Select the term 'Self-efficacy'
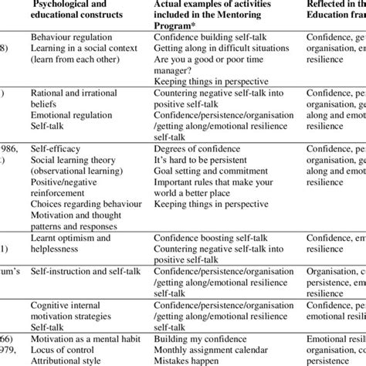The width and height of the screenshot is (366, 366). point(56,144)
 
